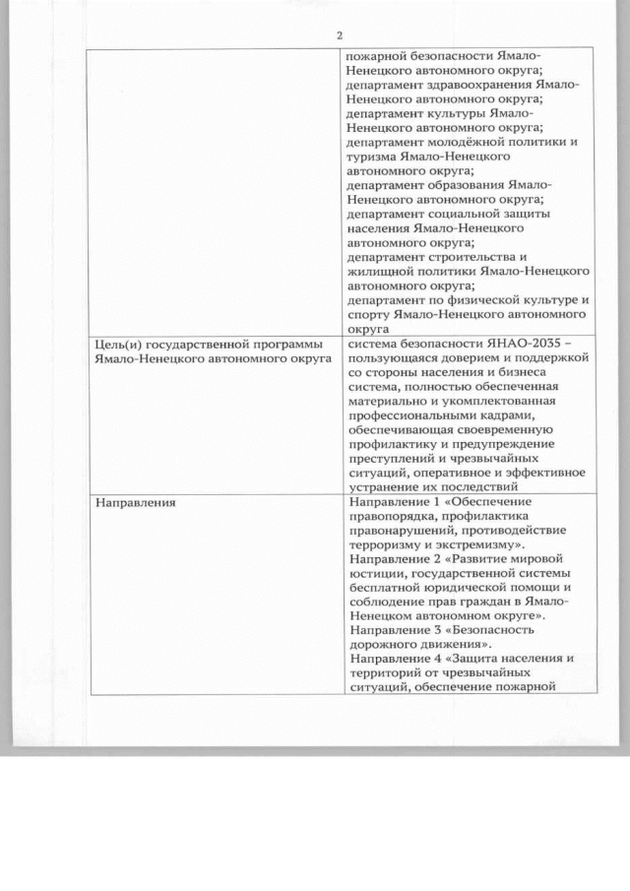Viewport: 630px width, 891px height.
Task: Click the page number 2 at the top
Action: [339, 35]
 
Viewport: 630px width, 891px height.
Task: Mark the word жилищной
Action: [381, 271]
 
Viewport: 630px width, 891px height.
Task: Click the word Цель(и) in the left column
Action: [116, 343]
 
